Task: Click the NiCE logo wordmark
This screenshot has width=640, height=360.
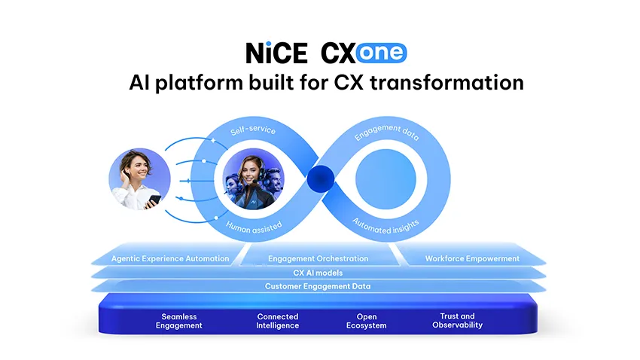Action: pos(276,53)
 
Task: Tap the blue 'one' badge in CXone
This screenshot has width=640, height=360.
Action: pos(381,53)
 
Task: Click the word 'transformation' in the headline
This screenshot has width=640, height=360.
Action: pos(447,82)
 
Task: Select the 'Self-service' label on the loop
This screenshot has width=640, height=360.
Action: pos(253,130)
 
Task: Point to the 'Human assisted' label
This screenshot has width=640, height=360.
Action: pos(254,227)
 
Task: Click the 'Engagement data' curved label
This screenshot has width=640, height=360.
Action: pos(386,133)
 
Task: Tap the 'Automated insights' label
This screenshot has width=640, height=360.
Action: pos(386,227)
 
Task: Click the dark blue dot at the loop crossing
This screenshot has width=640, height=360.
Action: pos(321,178)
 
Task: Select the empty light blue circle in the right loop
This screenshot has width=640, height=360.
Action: pos(386,179)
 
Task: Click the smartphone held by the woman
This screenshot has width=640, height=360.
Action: pos(154,200)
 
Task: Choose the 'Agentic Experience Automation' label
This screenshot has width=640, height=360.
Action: pos(170,258)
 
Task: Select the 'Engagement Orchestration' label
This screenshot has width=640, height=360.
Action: pos(318,258)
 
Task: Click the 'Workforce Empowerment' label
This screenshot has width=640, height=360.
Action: pos(472,258)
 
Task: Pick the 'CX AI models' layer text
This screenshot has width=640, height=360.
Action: pos(318,273)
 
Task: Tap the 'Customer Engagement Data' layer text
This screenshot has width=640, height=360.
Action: pos(318,286)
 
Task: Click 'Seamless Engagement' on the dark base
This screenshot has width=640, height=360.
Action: pos(178,321)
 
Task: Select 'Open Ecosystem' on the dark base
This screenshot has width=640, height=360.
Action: pos(367,321)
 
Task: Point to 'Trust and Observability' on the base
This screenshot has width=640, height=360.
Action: pos(458,320)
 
